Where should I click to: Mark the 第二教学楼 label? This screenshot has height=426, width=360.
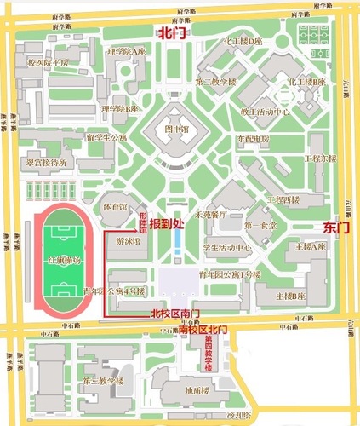[x=215, y=83]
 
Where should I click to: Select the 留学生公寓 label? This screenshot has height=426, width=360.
[x=106, y=137]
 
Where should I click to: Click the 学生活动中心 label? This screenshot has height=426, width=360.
[x=226, y=248]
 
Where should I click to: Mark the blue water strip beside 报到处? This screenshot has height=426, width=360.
[x=175, y=245]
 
